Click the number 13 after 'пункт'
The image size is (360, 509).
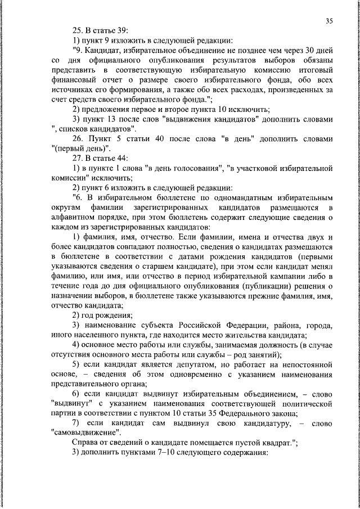click(111, 119)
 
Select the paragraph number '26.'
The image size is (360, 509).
click(79, 139)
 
